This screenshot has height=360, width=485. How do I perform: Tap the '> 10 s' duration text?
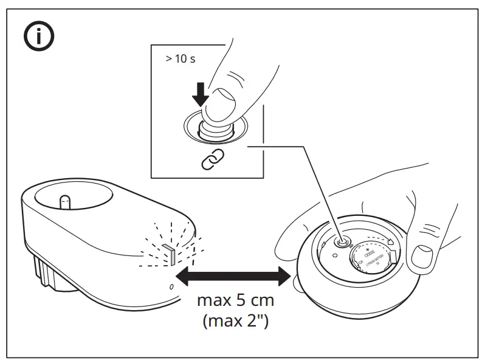pyautogui.click(x=181, y=60)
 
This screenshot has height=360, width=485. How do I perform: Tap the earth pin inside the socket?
pyautogui.click(x=64, y=201)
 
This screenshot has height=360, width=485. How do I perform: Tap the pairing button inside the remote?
pyautogui.click(x=344, y=242)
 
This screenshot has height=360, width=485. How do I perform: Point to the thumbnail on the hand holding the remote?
pyautogui.click(x=421, y=258)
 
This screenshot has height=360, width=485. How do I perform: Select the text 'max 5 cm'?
pyautogui.click(x=236, y=300)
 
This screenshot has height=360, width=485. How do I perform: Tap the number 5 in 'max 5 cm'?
pyautogui.click(x=236, y=300)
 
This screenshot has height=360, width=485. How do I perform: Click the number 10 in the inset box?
pyautogui.click(x=181, y=60)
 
